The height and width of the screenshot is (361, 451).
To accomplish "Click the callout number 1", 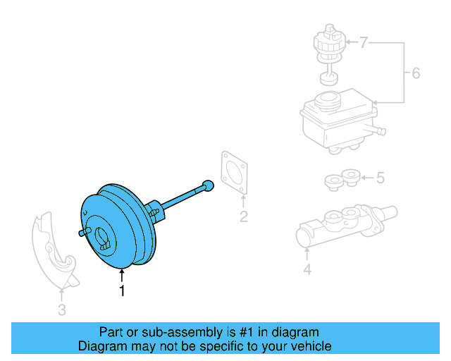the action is pyautogui.click(x=122, y=290).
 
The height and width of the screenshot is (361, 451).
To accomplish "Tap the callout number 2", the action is pyautogui.click(x=243, y=217).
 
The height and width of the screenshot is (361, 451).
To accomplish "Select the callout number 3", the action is pyautogui.click(x=62, y=310).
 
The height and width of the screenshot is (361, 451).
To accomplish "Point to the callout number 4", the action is pyautogui.click(x=307, y=269).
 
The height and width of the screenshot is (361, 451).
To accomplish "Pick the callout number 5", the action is pyautogui.click(x=380, y=178).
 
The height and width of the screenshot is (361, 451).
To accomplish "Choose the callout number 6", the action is pyautogui.click(x=415, y=73).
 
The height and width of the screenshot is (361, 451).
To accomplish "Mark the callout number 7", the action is pyautogui.click(x=363, y=44).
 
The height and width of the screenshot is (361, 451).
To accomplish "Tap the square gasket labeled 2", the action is pyautogui.click(x=235, y=173).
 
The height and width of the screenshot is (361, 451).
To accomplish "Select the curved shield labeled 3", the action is pyautogui.click(x=53, y=247).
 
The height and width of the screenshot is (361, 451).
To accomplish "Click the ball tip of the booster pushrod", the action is pyautogui.click(x=208, y=185).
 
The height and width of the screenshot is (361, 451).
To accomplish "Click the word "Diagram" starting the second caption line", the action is pyautogui.click(x=101, y=346).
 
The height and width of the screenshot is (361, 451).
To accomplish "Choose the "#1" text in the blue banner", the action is pyautogui.click(x=245, y=332).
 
